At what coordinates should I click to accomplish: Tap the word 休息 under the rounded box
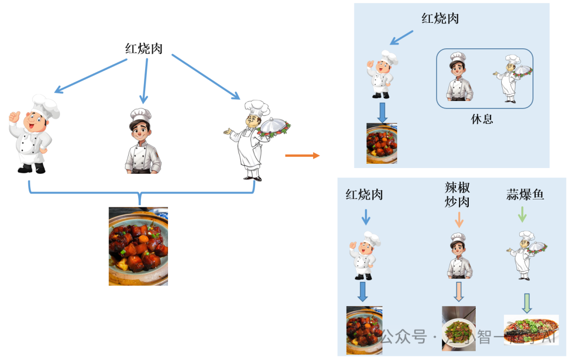click(482, 119)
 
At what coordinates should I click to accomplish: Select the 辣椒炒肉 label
click(458, 195)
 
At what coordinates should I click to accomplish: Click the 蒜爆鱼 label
click(525, 195)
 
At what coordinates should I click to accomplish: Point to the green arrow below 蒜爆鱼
click(522, 214)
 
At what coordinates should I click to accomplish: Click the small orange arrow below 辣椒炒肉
click(458, 219)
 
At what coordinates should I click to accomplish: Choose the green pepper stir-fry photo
click(459, 328)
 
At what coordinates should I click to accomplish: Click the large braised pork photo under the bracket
click(138, 246)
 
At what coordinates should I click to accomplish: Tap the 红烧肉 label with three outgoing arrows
click(144, 49)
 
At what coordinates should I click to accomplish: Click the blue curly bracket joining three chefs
click(141, 192)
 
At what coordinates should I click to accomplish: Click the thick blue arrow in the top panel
click(382, 112)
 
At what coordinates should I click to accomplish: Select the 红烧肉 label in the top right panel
click(440, 19)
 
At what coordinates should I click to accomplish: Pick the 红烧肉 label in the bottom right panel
click(364, 195)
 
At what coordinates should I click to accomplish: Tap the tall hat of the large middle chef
click(141, 114)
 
